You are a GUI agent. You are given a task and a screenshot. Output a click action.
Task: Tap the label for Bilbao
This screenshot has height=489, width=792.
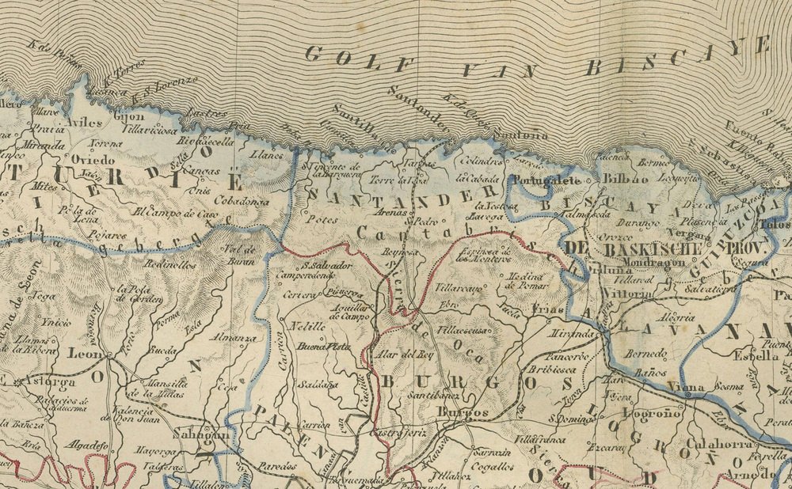pos(625,179)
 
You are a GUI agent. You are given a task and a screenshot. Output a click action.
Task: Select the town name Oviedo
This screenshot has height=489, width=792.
pos(93,159)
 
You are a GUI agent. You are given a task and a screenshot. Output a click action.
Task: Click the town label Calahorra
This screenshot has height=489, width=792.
pos(718,443)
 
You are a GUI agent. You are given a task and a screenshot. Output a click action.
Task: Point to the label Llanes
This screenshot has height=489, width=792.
pos(266,155)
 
